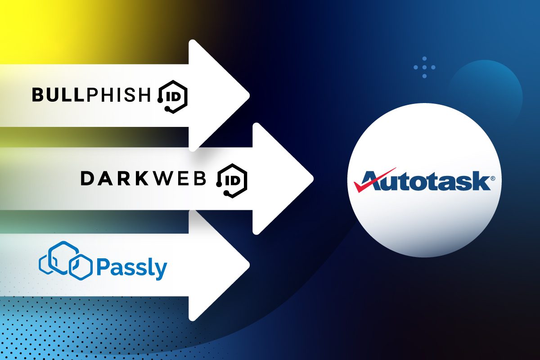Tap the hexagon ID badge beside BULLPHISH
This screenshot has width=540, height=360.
(x=173, y=95)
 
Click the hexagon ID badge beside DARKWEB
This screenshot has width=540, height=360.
(x=231, y=179)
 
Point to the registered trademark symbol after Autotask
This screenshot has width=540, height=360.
(x=493, y=178)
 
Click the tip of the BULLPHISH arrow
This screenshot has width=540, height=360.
(x=248, y=95)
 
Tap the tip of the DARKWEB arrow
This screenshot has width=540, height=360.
(x=312, y=179)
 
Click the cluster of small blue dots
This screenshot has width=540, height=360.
(x=424, y=67)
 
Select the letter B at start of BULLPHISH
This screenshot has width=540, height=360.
(x=37, y=94)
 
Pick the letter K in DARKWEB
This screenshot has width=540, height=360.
(x=143, y=179)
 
